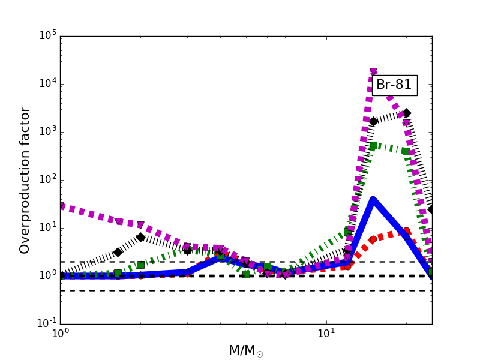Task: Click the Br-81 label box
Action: coord(394,85)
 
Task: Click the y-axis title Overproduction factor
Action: coord(25,180)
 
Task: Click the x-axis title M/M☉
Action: coord(246,350)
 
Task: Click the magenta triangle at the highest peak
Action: coord(373,72)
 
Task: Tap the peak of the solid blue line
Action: coord(373,200)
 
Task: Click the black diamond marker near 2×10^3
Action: coord(406,113)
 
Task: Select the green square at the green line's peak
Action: coord(373,146)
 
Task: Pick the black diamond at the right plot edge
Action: coord(431,210)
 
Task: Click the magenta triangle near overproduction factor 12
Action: coord(140,226)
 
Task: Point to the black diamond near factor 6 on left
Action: coord(140,237)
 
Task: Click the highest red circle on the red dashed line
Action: coord(406,231)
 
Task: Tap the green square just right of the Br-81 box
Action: coord(406,151)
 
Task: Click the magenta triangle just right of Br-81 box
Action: coord(406,123)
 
